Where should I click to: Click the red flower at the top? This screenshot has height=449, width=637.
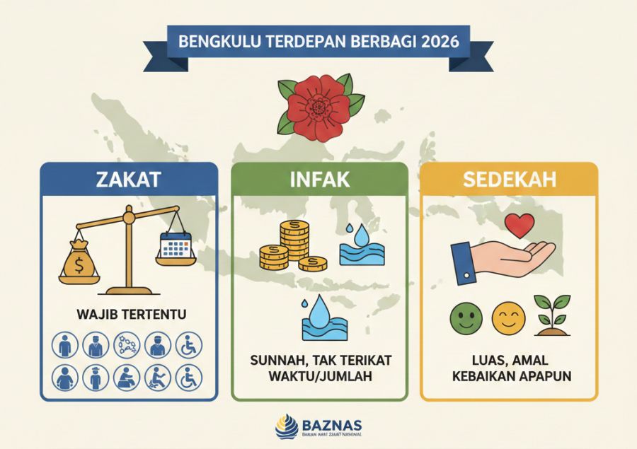318,106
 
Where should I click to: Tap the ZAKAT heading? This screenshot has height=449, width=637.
128,180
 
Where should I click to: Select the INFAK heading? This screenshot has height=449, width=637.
319,180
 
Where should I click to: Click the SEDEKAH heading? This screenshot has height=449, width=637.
508,180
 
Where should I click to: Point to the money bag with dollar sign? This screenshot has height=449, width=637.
81,262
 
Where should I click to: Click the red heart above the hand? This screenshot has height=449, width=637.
520,226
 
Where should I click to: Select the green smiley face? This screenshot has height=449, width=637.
464,318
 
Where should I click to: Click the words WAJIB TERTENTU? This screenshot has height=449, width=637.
127,313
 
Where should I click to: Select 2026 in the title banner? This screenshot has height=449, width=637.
439,41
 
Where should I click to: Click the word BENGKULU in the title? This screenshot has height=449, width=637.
211,41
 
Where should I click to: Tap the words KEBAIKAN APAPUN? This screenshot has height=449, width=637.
509,374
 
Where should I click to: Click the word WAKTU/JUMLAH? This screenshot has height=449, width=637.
319,374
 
